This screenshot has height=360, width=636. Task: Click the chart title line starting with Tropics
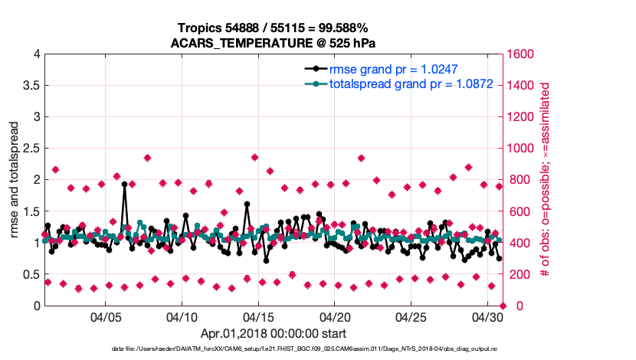(273, 28)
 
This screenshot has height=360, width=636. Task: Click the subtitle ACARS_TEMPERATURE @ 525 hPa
(273, 42)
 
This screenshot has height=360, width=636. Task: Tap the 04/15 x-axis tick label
(258, 316)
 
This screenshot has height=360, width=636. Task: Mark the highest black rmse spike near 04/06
(124, 184)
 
